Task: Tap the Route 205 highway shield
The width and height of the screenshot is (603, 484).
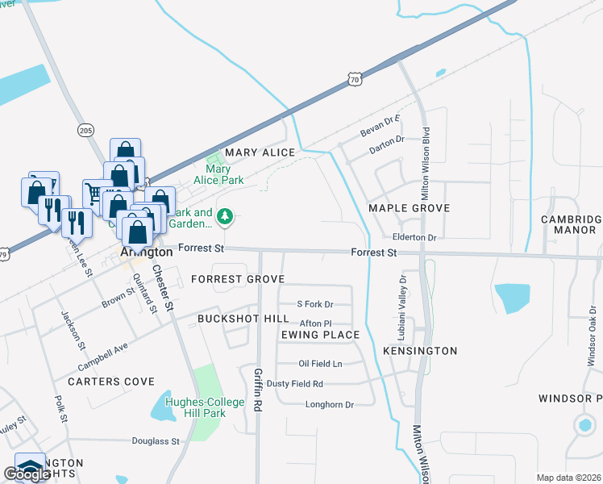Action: tap(86, 130)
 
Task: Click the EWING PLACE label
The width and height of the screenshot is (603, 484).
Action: tap(320, 334)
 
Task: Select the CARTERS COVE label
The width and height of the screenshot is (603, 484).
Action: tap(110, 381)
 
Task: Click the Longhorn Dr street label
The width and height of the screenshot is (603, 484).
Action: tap(329, 404)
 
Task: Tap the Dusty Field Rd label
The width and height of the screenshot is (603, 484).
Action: tap(294, 384)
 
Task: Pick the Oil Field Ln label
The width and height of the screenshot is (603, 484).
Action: tap(320, 364)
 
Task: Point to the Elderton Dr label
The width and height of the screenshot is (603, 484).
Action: tap(414, 238)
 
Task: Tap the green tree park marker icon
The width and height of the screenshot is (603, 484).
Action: tap(227, 215)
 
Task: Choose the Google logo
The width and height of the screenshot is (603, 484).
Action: tap(27, 474)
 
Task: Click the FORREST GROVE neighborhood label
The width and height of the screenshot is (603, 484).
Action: tap(227, 279)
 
